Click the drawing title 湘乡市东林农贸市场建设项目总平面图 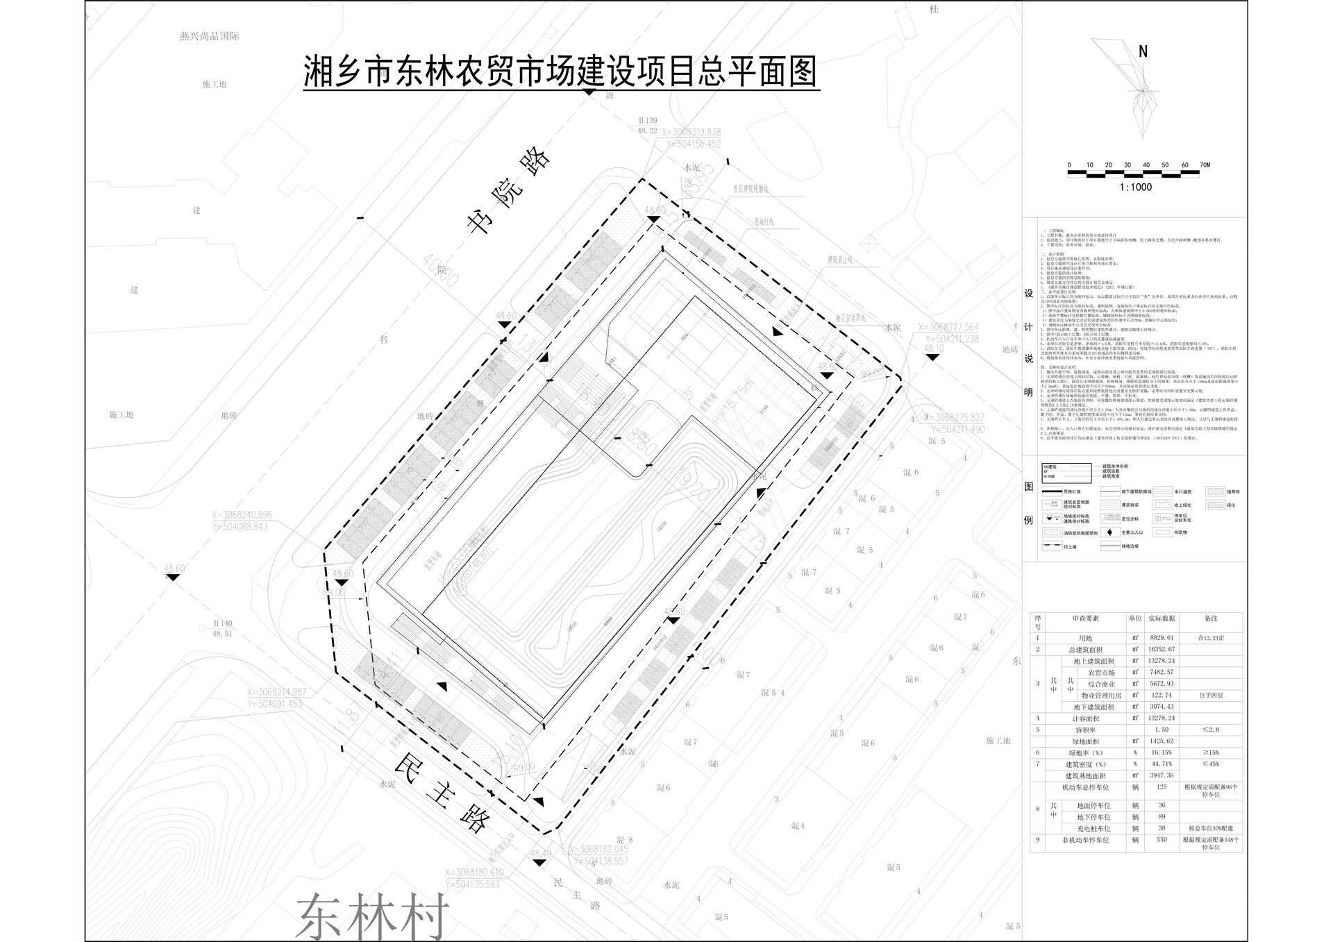pyautogui.click(x=561, y=72)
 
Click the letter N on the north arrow pyautogui.click(x=1143, y=51)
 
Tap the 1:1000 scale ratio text pyautogui.click(x=1136, y=187)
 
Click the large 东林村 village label pyautogui.click(x=372, y=915)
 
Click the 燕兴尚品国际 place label pyautogui.click(x=209, y=36)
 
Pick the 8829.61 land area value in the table pyautogui.click(x=1160, y=638)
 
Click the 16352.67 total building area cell pyautogui.click(x=1160, y=650)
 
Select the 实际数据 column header pyautogui.click(x=1160, y=619)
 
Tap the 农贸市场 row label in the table pyautogui.click(x=1100, y=673)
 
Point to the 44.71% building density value pyautogui.click(x=1160, y=764)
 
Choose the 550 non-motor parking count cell pyautogui.click(x=1160, y=840)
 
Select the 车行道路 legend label pyautogui.click(x=1183, y=491)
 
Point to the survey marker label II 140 pyautogui.click(x=222, y=624)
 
